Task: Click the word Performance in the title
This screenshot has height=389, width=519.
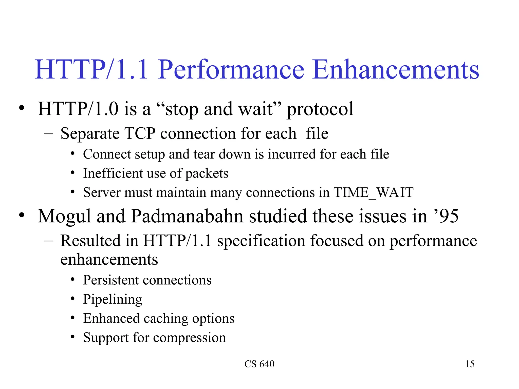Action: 231,70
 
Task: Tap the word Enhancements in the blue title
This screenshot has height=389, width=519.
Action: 396,70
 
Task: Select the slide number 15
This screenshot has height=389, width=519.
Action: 470,364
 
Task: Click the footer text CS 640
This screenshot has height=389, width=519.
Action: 259,364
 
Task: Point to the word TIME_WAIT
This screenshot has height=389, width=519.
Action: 373,192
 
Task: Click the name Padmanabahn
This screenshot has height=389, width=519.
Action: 187,216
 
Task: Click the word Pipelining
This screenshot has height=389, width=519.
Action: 113,299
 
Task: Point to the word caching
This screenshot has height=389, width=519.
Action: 166,319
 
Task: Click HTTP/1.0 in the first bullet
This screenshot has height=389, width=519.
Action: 78,109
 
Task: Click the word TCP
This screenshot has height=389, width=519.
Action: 140,133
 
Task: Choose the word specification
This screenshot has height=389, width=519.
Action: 261,241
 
